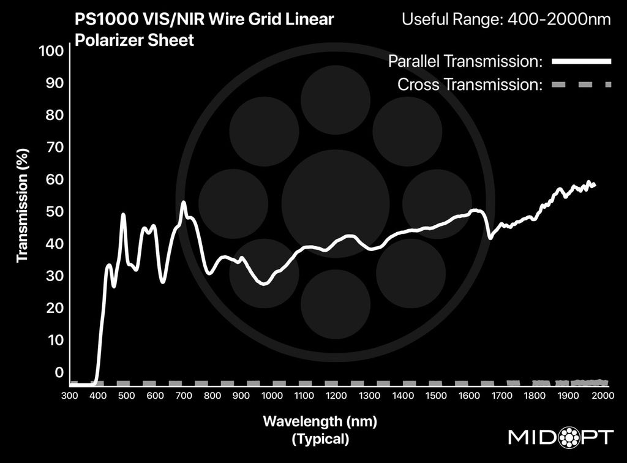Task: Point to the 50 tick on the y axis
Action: [55, 212]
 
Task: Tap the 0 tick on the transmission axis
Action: [59, 372]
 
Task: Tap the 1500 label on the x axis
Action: [436, 396]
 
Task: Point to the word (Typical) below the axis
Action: [320, 439]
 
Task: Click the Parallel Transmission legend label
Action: [465, 61]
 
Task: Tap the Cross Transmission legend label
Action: [470, 84]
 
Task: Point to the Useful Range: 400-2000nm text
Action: [506, 20]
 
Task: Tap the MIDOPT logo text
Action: [561, 437]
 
